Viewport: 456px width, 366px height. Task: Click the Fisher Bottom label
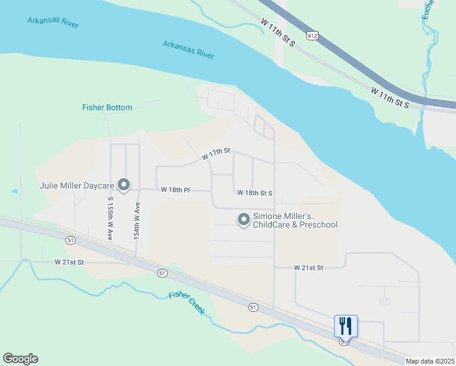pos(107,108)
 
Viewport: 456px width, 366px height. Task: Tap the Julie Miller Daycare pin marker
pos(124,184)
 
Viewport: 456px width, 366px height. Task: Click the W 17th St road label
pos(217,154)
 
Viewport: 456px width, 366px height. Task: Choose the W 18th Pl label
pos(176,190)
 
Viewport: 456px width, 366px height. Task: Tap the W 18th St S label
pos(254,193)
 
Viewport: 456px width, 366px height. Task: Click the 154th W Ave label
pos(137,220)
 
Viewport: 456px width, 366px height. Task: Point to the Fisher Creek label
pos(187,304)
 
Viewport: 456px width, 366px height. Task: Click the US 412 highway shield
pos(312,36)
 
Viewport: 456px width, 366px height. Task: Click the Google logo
pos(20,359)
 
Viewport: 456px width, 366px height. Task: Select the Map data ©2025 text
pos(430,361)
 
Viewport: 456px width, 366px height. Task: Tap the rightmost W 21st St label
pos(308,268)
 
